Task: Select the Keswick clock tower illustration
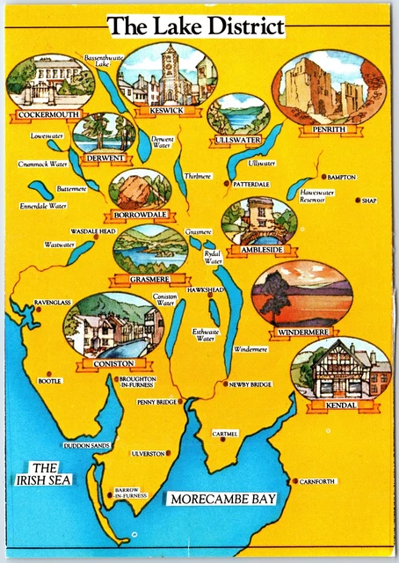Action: tap(169, 75)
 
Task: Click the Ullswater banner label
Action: tap(237, 141)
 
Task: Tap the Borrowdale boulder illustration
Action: tap(136, 190)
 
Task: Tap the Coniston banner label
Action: tap(112, 363)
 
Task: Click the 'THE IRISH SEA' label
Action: tap(46, 473)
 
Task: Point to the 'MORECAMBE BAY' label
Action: tap(223, 499)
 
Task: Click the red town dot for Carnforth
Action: tap(294, 481)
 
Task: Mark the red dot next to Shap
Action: tap(358, 201)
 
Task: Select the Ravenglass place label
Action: tap(52, 302)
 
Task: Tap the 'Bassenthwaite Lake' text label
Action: tap(102, 61)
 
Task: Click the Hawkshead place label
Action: tap(206, 289)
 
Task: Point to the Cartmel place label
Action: tap(225, 434)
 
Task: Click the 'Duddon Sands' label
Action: tap(87, 446)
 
